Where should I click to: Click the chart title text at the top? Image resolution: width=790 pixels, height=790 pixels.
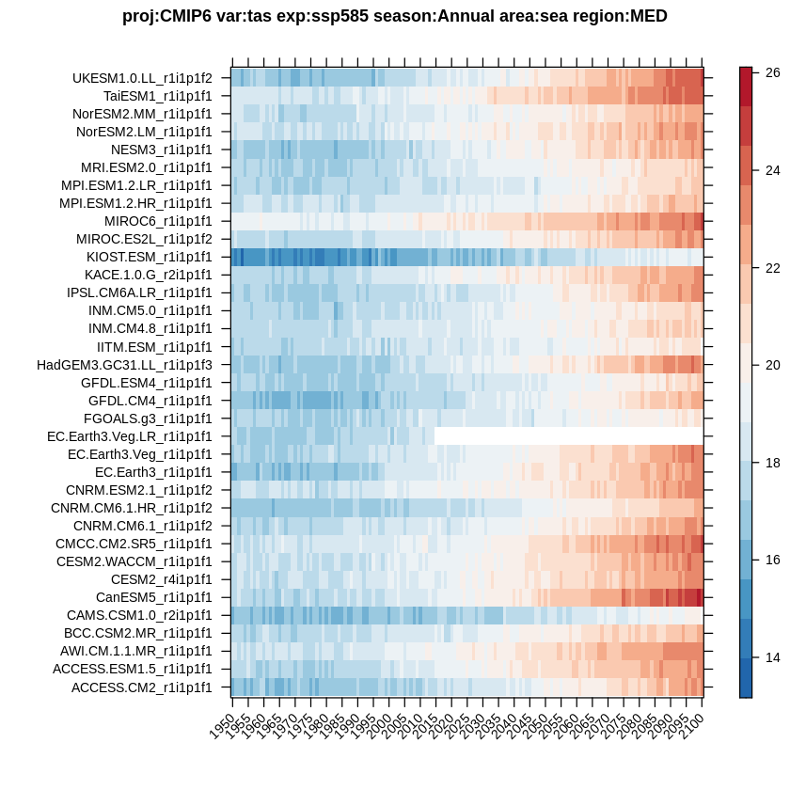tap(395, 16)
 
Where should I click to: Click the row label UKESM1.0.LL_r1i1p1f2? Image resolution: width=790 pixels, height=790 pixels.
tap(142, 78)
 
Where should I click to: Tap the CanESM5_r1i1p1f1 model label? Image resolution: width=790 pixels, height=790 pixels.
tap(154, 597)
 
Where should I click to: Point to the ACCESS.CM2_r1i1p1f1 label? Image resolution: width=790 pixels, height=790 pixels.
tap(142, 687)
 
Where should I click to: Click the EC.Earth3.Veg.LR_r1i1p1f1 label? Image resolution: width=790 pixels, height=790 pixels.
tap(130, 436)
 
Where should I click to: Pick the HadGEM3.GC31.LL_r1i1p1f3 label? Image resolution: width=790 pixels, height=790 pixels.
tap(124, 365)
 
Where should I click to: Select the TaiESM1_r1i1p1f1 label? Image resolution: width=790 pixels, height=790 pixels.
tap(158, 96)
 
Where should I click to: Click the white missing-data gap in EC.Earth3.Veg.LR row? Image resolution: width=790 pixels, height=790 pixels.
tap(568, 436)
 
